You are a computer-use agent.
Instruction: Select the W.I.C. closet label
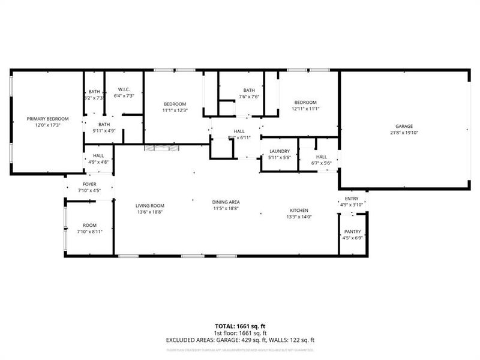click(x=124, y=89)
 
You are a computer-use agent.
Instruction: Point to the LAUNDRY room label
click(x=280, y=151)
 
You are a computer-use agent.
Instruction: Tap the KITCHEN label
click(x=299, y=211)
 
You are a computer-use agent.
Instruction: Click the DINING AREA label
click(x=226, y=202)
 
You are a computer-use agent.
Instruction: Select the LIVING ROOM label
click(x=149, y=206)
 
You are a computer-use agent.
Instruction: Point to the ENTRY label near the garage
click(x=351, y=199)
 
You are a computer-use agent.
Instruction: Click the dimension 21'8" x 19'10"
click(x=404, y=133)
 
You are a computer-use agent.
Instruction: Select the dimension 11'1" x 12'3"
click(x=175, y=110)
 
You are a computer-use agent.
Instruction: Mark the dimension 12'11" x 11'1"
click(x=305, y=109)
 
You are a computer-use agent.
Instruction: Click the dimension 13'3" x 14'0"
click(x=299, y=217)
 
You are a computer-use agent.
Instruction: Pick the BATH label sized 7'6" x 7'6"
click(x=249, y=91)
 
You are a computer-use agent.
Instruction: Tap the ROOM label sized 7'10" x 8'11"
click(x=89, y=226)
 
